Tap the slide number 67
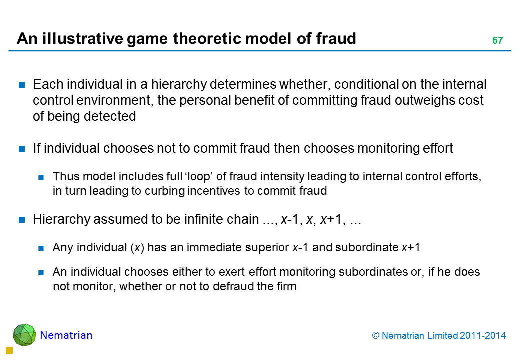(x=497, y=41)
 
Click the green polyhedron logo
(x=24, y=335)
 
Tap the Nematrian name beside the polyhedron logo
(x=66, y=335)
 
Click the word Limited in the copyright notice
(x=441, y=336)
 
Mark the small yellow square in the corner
(x=8, y=351)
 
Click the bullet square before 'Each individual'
(x=22, y=85)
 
